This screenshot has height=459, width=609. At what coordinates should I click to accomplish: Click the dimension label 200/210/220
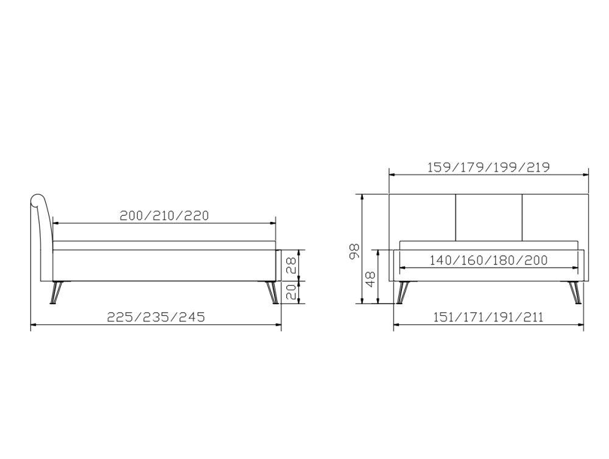[x=164, y=215]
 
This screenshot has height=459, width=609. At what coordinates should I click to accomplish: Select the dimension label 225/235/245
[x=156, y=317]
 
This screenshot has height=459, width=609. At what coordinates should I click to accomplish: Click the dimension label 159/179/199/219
[x=488, y=167]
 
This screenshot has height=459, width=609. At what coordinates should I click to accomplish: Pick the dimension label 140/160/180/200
[x=488, y=260]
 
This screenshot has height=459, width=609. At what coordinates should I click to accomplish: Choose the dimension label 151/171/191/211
[x=488, y=317]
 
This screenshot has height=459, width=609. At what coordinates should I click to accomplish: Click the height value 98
[x=354, y=251]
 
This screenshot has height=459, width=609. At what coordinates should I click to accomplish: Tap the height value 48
[x=370, y=279]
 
